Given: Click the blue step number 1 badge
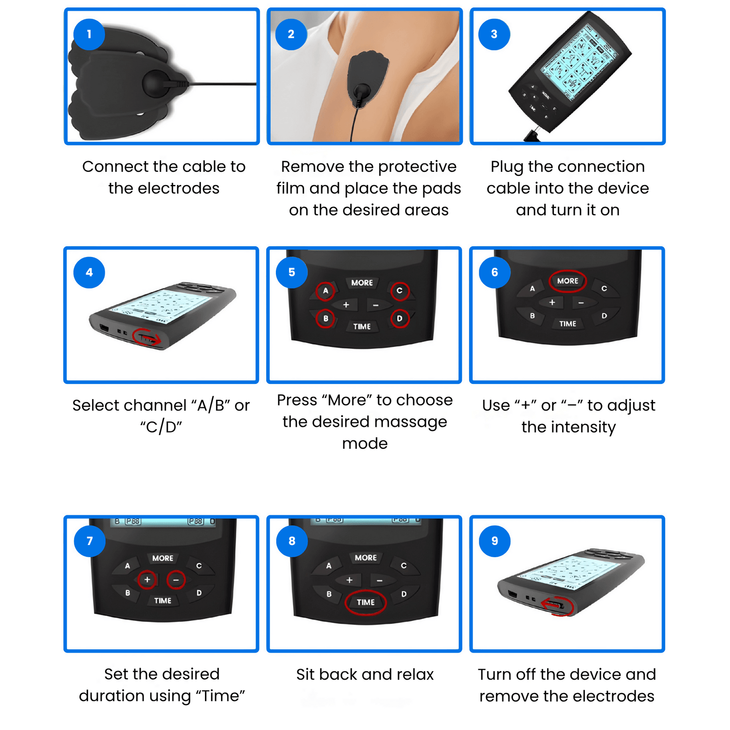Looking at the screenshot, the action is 89,34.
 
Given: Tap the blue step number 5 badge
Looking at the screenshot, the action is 292,273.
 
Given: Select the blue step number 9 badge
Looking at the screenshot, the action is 494,541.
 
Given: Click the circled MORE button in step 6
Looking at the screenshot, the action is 567,281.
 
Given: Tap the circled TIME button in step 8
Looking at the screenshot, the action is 365,602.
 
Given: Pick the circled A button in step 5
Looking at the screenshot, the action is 326,291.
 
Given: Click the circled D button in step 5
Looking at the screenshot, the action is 400,319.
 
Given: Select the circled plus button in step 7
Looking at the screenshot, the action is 147,580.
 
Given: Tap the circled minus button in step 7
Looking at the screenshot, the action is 176,580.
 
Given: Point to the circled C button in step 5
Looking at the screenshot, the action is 400,291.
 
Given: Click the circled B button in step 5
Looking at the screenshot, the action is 326,319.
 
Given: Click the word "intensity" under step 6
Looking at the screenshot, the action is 568,427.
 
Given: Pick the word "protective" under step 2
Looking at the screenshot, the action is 417,167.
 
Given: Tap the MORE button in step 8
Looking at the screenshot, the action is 365,558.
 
